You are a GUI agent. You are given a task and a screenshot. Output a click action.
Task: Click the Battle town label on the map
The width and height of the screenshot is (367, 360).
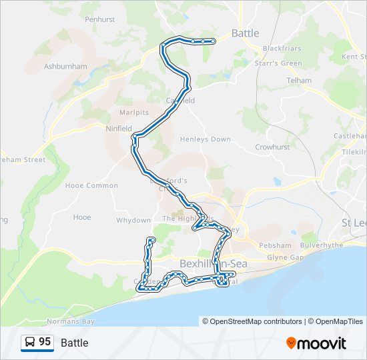click(245, 33)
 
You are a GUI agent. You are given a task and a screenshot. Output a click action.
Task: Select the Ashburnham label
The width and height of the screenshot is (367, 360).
click(65, 67)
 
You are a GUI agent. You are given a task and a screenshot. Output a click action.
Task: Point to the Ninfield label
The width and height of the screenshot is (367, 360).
click(119, 129)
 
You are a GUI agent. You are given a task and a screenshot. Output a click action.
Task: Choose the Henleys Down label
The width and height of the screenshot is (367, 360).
click(206, 139)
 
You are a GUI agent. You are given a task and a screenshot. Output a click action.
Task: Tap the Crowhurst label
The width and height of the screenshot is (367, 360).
click(271, 147)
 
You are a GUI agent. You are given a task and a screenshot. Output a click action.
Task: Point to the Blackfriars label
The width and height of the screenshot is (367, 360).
click(282, 49)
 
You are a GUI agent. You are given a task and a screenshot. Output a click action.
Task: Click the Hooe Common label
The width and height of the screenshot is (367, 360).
click(91, 185)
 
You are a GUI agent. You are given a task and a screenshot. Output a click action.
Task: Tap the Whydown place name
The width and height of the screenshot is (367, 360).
click(133, 220)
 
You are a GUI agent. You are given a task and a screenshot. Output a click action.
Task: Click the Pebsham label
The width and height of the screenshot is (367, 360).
click(276, 245)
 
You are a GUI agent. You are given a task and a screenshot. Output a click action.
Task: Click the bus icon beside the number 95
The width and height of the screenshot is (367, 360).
click(31, 343)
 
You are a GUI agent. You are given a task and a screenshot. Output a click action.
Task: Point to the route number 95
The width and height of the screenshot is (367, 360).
click(45, 342)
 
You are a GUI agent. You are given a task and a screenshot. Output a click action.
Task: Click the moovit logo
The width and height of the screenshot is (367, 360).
click(316, 343)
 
